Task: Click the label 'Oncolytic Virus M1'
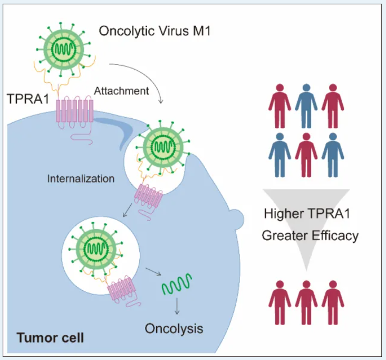pos(156,30)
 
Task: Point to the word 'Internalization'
pos(81,178)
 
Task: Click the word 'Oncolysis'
pos(174,328)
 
